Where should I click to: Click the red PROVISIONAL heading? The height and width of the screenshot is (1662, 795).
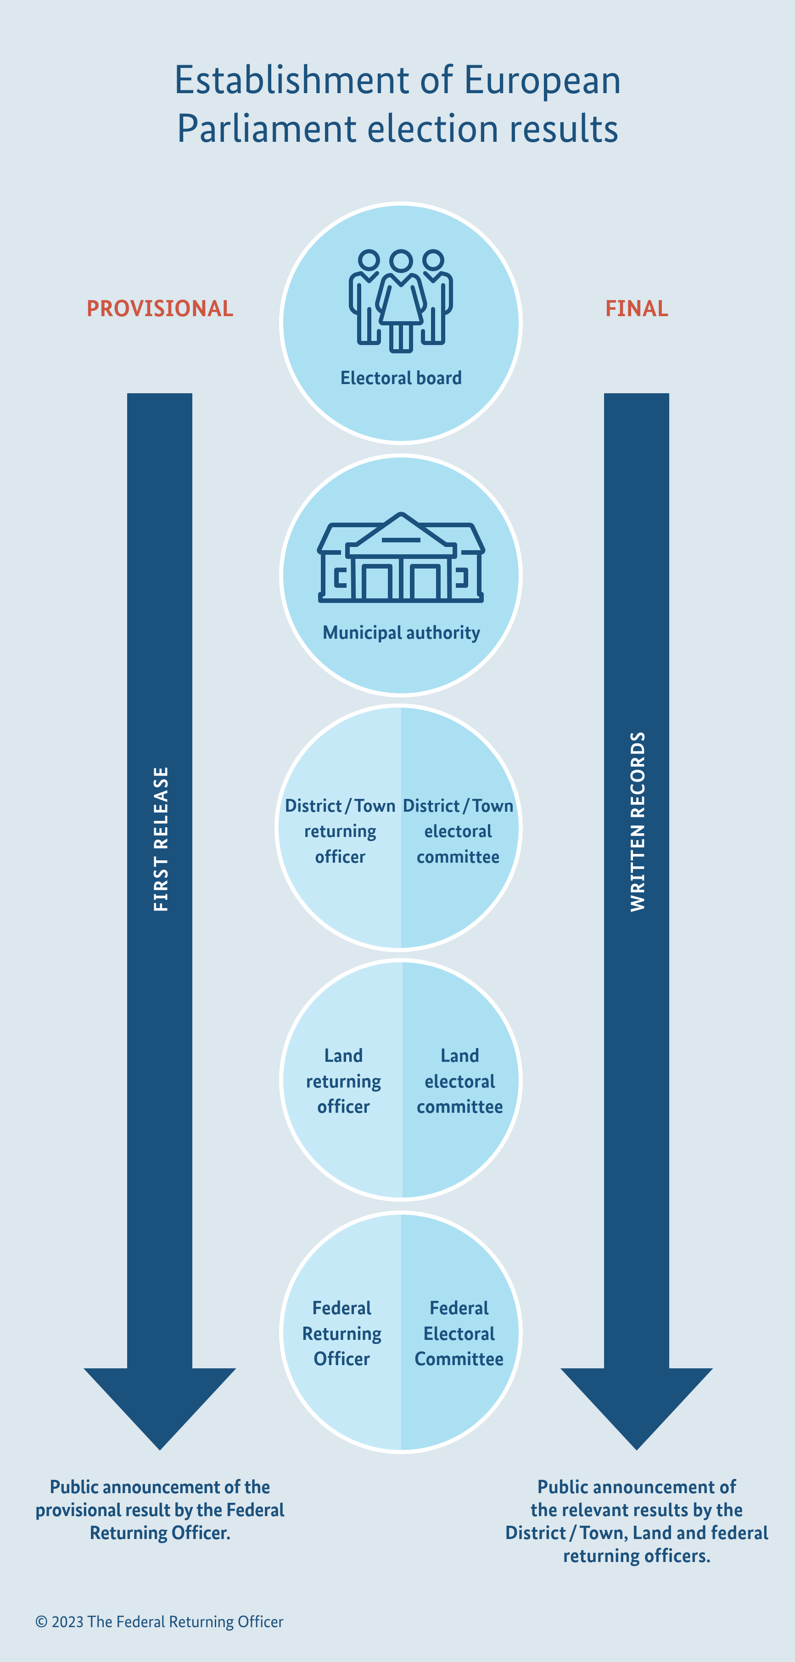(160, 308)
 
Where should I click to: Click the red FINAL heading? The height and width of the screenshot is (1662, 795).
(636, 308)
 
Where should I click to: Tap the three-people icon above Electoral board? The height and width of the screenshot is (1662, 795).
(401, 301)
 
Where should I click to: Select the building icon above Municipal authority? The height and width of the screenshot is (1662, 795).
(401, 558)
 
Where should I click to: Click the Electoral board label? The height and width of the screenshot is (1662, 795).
(401, 378)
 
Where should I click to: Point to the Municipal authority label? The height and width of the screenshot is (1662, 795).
(401, 632)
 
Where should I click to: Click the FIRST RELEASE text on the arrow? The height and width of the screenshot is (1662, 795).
(161, 839)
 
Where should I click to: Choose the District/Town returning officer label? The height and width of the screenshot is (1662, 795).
(340, 831)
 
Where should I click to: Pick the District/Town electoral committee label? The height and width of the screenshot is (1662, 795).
(458, 831)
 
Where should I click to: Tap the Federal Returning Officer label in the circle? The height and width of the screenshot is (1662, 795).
(342, 1333)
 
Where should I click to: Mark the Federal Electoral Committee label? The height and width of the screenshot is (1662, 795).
(459, 1333)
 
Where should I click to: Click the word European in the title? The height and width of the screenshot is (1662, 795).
(542, 81)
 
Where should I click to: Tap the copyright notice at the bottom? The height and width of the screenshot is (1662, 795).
(159, 1621)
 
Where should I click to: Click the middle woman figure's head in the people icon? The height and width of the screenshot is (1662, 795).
(401, 261)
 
